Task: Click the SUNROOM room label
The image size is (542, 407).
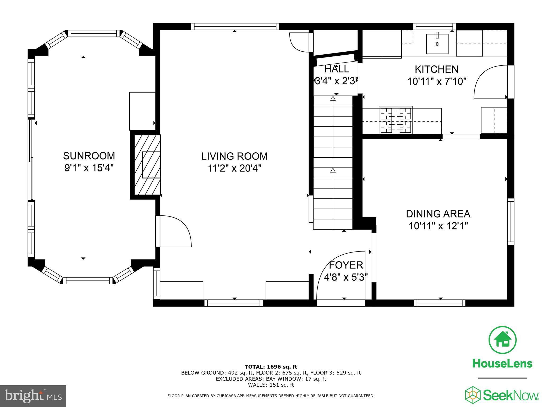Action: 89,156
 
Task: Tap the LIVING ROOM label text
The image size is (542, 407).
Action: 234,156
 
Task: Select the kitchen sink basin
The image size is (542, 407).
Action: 437,44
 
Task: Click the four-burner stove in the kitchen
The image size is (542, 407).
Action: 396,120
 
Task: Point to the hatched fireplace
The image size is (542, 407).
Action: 147,165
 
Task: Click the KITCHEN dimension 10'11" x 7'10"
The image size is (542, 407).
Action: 436,81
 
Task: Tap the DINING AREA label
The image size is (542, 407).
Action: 438,214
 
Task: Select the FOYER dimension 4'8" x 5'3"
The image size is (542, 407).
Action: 346,277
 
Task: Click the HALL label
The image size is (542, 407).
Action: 337,69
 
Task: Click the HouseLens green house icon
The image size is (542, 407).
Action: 502,340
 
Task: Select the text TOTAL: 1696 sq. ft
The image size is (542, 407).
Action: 271,367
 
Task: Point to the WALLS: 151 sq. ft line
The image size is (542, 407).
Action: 271,385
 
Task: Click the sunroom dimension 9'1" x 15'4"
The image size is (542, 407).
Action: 89,168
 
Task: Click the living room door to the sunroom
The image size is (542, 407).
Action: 175,231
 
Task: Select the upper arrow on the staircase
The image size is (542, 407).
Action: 333,99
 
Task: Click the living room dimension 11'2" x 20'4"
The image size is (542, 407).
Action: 234,169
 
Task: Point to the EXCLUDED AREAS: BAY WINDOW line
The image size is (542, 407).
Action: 271,379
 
